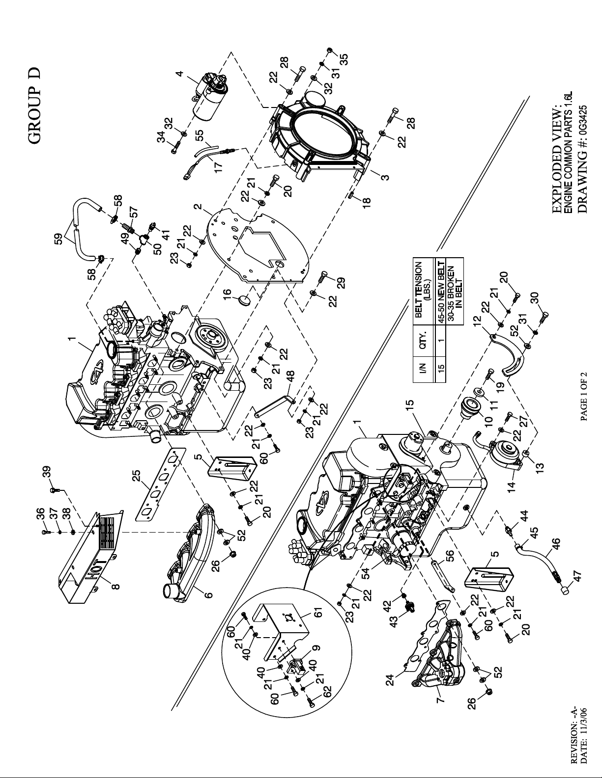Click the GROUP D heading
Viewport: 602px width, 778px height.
[x=35, y=105]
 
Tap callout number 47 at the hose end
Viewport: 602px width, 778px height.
[x=577, y=577]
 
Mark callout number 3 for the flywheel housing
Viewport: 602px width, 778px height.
[x=385, y=177]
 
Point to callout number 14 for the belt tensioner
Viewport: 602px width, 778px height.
[x=512, y=486]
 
